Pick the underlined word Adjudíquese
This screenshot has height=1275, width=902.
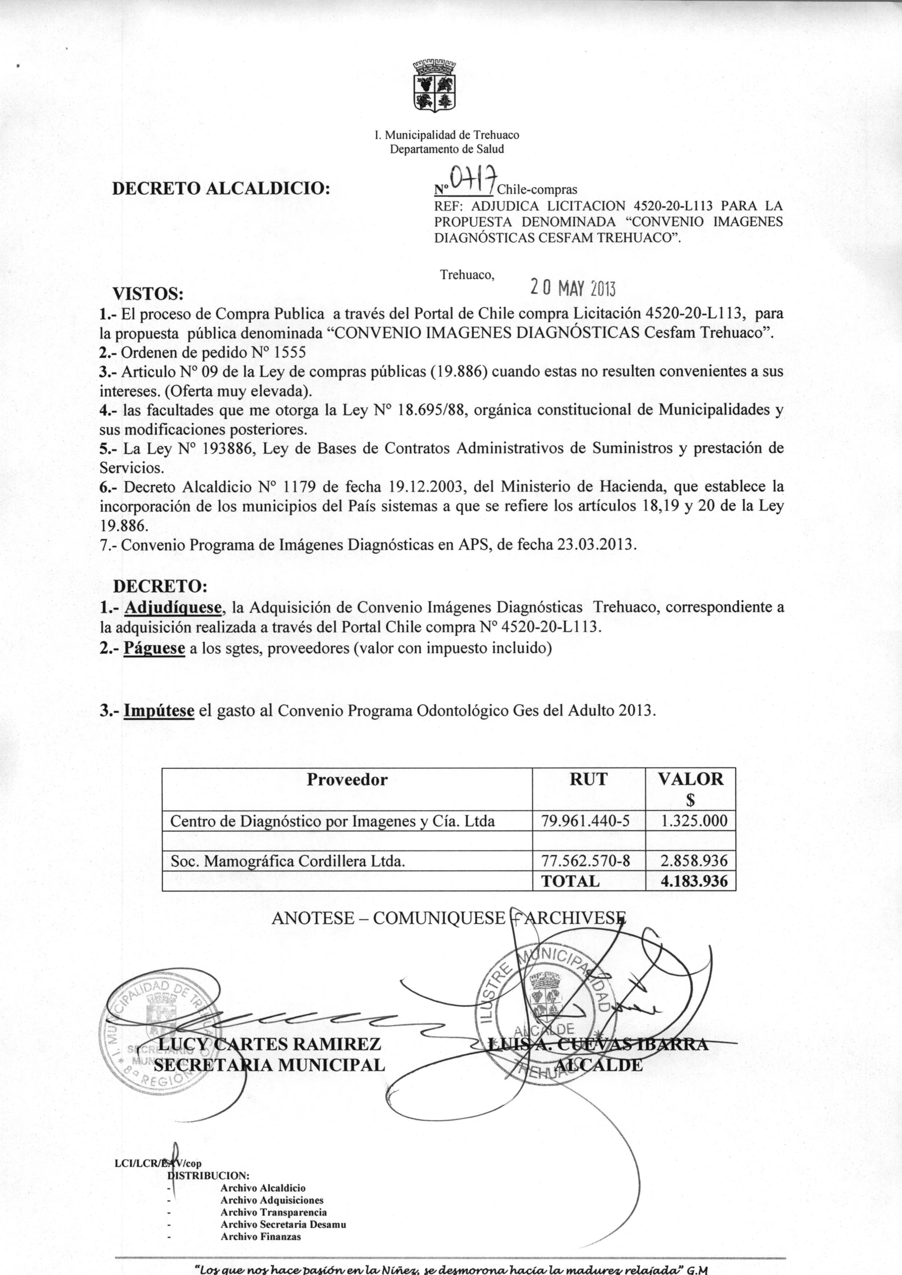[x=173, y=607]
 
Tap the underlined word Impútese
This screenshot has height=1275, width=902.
[x=159, y=711]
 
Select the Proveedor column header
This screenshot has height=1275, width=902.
[x=347, y=779]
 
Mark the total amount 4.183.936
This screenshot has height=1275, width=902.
[x=694, y=881]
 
